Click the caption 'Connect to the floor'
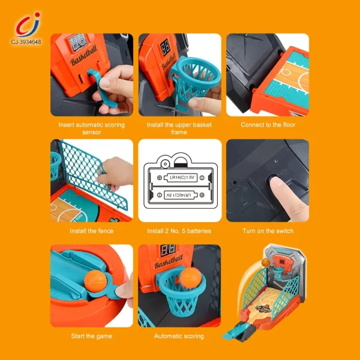pyautogui.click(x=268, y=125)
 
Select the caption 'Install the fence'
pyautogui.click(x=92, y=231)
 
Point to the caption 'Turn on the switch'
pyautogui.click(x=268, y=231)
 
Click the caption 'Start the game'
pyautogui.click(x=92, y=336)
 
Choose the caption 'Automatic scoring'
pyautogui.click(x=179, y=336)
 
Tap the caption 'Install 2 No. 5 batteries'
pyautogui.click(x=179, y=231)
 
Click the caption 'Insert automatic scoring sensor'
pyautogui.click(x=92, y=128)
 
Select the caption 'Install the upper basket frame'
pyautogui.click(x=179, y=128)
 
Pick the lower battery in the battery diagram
pyautogui.click(x=179, y=195)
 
